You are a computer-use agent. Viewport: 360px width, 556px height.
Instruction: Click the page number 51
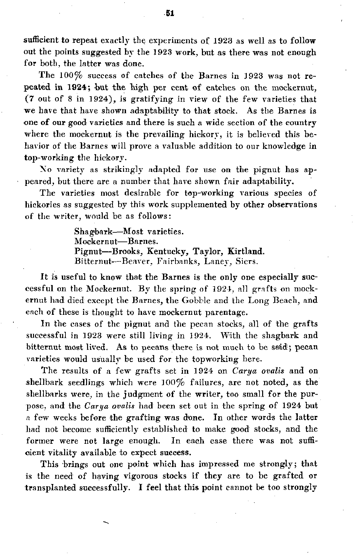[x=170, y=13]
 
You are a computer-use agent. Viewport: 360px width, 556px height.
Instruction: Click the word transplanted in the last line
[x=54, y=488]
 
